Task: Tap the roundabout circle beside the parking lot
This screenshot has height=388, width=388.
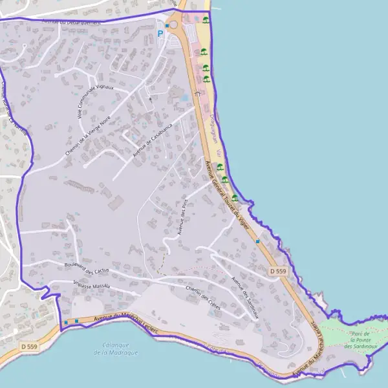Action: (x=173, y=25)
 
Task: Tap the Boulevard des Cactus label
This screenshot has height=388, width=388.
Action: (x=89, y=268)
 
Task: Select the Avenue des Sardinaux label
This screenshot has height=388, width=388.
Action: (x=245, y=297)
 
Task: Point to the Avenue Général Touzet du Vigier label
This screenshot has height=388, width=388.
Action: (x=227, y=190)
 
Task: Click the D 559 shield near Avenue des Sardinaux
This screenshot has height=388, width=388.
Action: (x=277, y=272)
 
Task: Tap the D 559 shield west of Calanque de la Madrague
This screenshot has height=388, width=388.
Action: (x=28, y=347)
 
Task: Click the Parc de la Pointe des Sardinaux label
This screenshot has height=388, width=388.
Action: (x=358, y=340)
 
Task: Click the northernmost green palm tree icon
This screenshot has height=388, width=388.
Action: (x=206, y=19)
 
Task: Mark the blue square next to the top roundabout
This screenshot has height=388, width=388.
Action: (x=167, y=26)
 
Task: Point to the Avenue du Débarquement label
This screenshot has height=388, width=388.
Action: (x=71, y=22)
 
